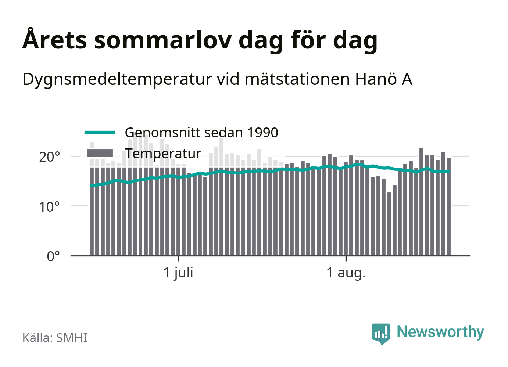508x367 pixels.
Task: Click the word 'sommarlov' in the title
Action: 163,41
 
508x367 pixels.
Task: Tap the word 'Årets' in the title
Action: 55,39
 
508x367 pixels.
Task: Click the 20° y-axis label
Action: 49,157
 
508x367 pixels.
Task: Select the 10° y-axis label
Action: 49,207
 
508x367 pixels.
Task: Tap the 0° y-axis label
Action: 53,256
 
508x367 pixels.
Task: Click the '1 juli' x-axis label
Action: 178,273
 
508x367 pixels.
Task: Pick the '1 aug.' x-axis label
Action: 346,273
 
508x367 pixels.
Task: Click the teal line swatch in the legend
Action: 100,132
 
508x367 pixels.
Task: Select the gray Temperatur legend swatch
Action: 100,153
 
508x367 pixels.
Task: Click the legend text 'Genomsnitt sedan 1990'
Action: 201,132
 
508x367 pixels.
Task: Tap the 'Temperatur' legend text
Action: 163,154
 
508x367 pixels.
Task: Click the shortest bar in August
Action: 389,224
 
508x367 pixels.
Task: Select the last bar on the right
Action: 448,206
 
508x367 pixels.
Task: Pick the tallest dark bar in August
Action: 421,202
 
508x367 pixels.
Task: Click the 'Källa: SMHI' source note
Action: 55,338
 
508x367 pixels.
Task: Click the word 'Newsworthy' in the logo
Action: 440,332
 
